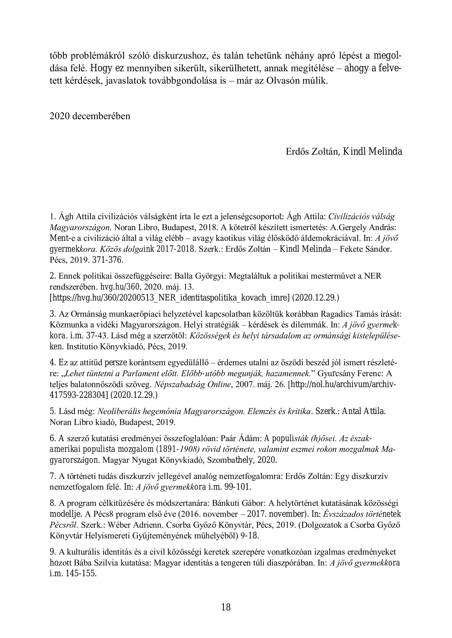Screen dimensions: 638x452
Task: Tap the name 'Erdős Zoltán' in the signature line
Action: click(x=312, y=152)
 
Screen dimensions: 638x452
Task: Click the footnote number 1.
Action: click(x=52, y=216)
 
